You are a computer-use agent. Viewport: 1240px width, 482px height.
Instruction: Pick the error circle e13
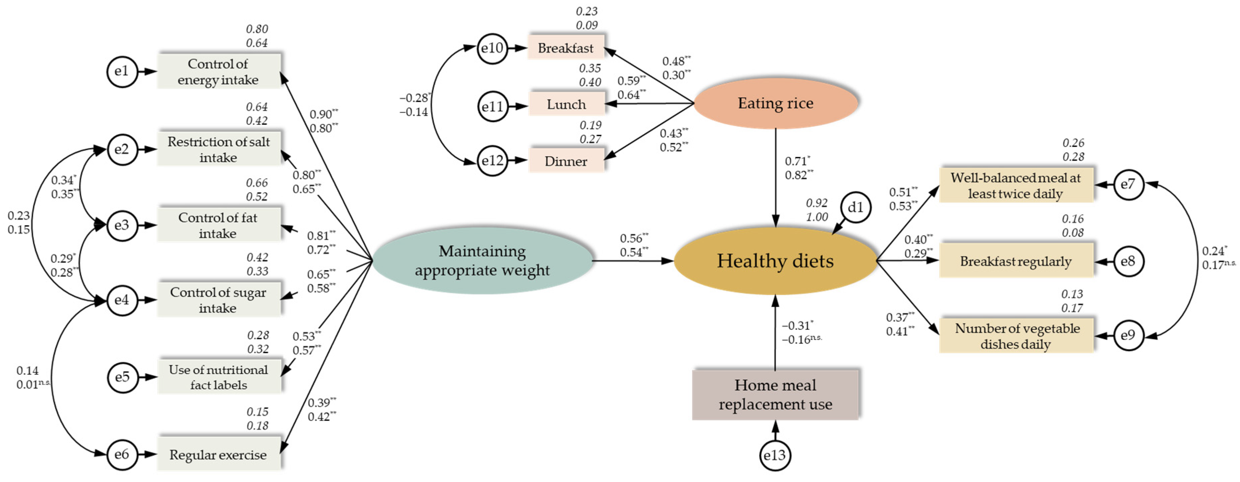point(775,455)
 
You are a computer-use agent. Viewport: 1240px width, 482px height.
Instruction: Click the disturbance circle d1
point(856,207)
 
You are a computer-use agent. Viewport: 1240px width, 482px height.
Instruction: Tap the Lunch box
point(566,104)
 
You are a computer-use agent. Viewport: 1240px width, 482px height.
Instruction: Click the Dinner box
point(566,161)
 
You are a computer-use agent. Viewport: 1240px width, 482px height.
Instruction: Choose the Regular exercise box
point(218,454)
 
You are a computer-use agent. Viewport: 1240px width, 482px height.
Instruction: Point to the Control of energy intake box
point(218,71)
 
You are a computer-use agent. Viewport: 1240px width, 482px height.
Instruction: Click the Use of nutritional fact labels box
point(218,377)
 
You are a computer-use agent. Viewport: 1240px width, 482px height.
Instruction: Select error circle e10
point(492,48)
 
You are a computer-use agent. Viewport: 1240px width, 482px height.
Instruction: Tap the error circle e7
point(1128,184)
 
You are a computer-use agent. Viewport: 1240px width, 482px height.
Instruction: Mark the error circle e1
point(122,71)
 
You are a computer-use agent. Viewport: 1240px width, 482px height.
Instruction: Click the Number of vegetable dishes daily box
point(1016,336)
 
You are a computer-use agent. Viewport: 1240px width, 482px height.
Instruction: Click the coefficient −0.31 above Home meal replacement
point(796,326)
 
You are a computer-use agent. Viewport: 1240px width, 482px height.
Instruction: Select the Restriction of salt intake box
point(218,149)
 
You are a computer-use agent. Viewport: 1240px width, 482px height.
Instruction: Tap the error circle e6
point(122,454)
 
